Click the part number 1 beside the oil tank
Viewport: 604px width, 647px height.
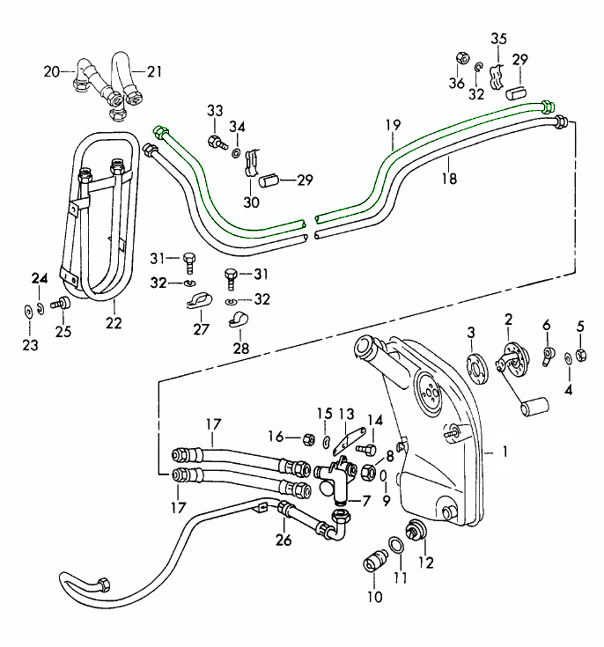pyautogui.click(x=506, y=452)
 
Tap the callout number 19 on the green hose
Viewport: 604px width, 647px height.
pyautogui.click(x=392, y=125)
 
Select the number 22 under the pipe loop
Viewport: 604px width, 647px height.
pyautogui.click(x=114, y=323)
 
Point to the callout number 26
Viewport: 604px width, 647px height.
pyautogui.click(x=282, y=539)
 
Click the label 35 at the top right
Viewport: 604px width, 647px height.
pyautogui.click(x=498, y=38)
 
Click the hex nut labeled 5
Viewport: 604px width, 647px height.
pyautogui.click(x=581, y=356)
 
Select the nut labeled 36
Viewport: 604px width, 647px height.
pyautogui.click(x=460, y=60)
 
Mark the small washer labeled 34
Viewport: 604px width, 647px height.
pyautogui.click(x=237, y=153)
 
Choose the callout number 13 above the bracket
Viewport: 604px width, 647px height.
pyautogui.click(x=346, y=414)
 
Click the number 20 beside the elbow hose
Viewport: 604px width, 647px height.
pyautogui.click(x=52, y=71)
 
